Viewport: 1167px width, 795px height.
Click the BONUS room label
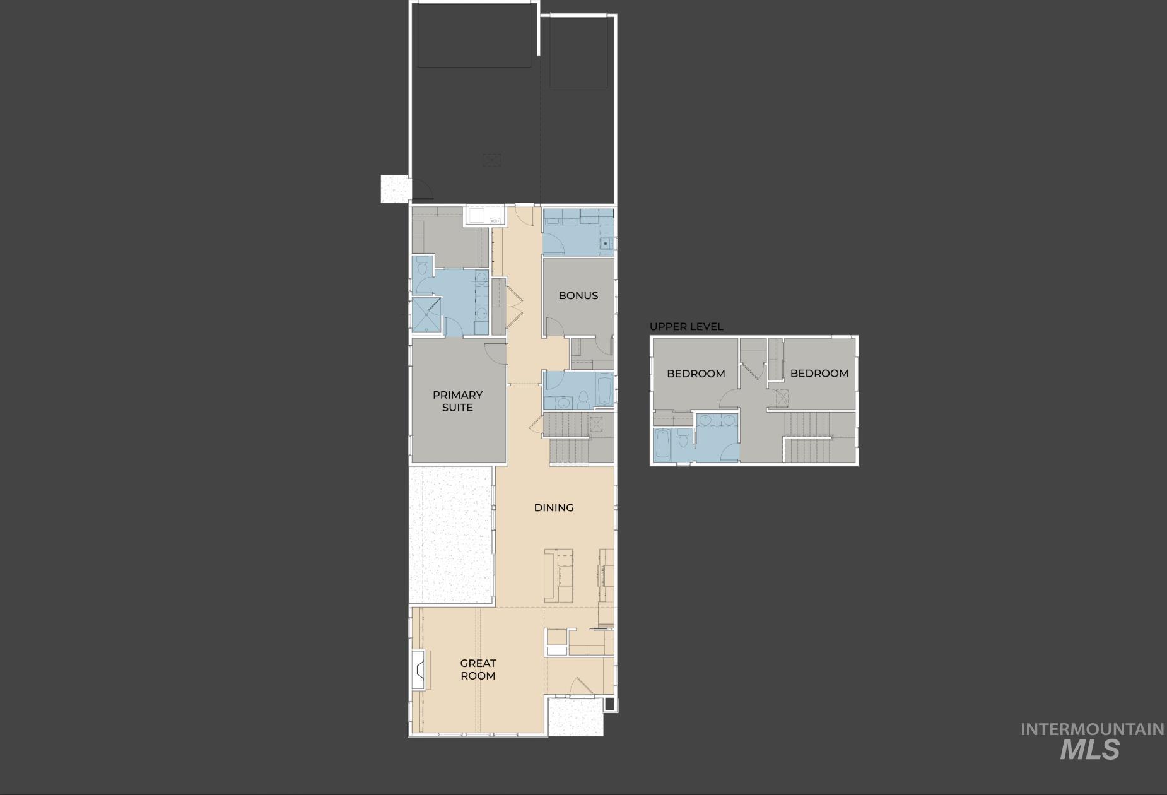(578, 295)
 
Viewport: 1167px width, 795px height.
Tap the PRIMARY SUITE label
(457, 401)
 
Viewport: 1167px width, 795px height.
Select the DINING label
(554, 507)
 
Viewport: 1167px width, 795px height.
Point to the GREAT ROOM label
(478, 669)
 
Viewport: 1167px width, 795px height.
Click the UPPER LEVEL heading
(686, 326)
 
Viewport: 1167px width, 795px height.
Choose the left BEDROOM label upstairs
(696, 374)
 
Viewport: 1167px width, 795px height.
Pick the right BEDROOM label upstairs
(819, 373)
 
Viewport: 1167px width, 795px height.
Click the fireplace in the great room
(419, 669)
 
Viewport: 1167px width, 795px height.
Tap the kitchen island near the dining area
(559, 575)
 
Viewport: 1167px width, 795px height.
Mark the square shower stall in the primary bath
(426, 314)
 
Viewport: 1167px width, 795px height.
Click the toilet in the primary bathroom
(422, 267)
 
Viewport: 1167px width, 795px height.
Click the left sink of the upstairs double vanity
(707, 420)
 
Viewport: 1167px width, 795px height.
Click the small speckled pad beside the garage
(394, 188)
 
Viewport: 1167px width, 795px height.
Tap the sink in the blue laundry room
(606, 243)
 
